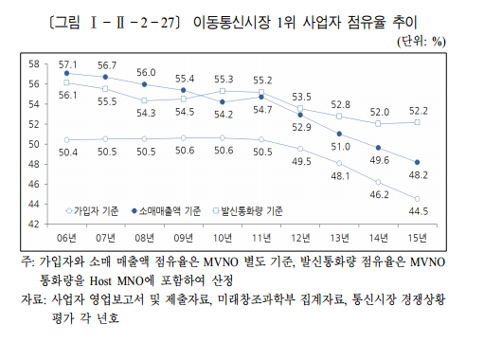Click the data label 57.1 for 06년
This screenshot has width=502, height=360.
click(x=67, y=63)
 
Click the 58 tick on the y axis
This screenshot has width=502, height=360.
click(x=32, y=63)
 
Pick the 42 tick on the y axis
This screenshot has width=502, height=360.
click(x=32, y=224)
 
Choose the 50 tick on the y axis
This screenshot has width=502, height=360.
click(x=32, y=144)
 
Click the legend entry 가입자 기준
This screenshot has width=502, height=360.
click(x=97, y=211)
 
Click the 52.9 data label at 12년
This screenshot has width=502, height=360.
click(x=302, y=127)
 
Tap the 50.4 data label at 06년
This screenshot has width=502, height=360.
click(x=67, y=152)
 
